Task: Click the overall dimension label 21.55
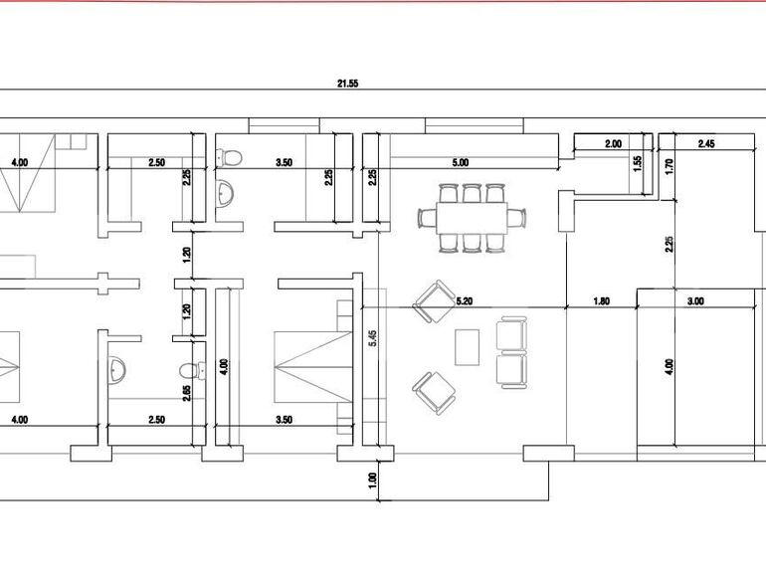click(x=346, y=85)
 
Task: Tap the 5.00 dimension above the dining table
click(x=460, y=162)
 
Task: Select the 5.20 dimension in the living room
click(x=465, y=299)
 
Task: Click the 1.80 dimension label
click(x=601, y=300)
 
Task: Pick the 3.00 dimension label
click(x=695, y=300)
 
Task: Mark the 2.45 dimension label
click(x=706, y=144)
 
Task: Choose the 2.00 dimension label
click(x=613, y=144)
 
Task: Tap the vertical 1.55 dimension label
click(x=638, y=164)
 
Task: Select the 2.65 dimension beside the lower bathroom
click(x=187, y=393)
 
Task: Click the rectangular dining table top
click(x=471, y=217)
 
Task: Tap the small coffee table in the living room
click(x=467, y=347)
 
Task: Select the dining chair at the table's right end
click(x=515, y=217)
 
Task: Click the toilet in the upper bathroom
click(x=228, y=157)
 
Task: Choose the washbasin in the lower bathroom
click(x=117, y=369)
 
